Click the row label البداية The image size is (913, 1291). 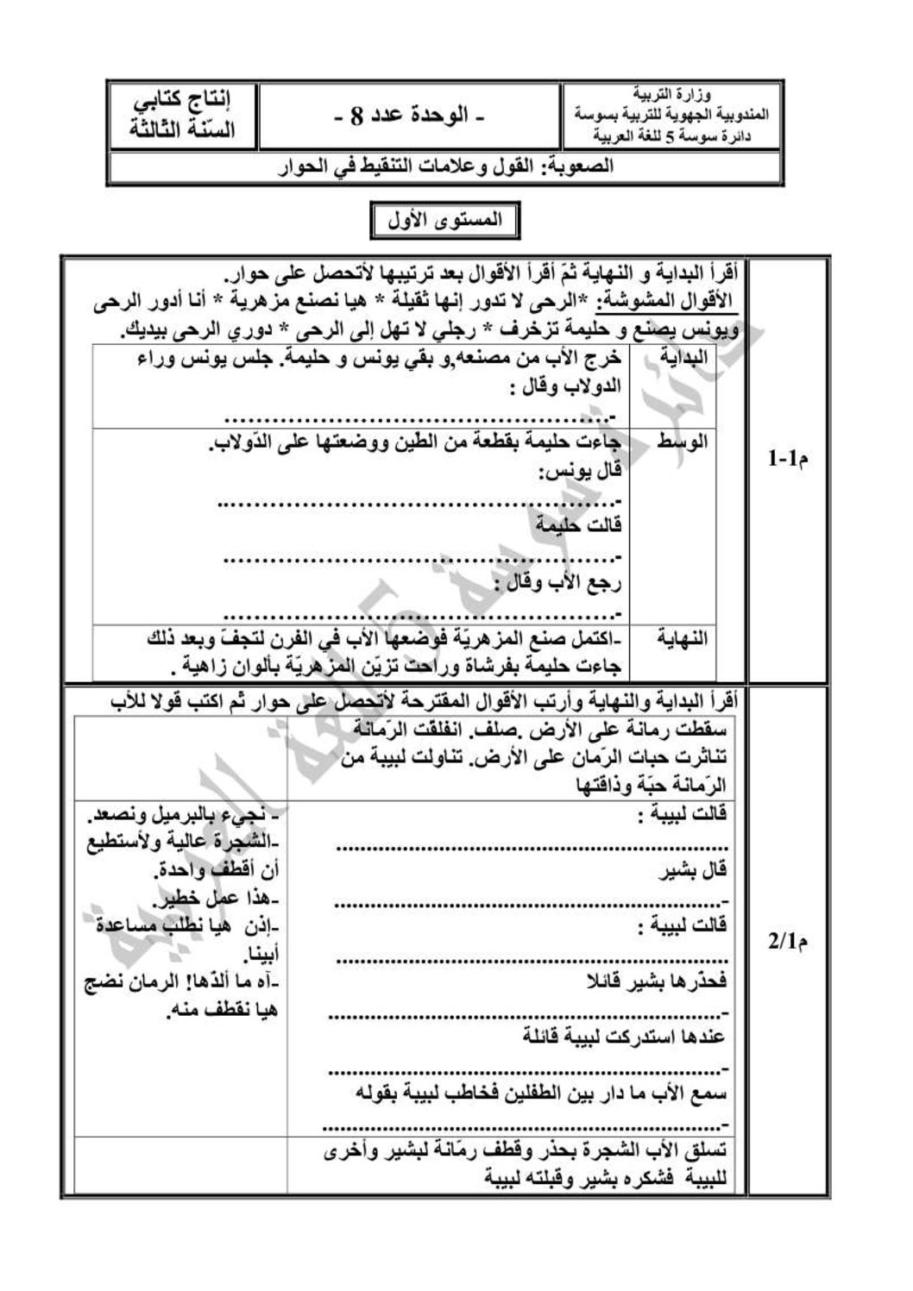pyautogui.click(x=683, y=355)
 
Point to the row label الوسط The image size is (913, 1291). pyautogui.click(x=683, y=442)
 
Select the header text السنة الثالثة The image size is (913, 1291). pyautogui.click(x=183, y=131)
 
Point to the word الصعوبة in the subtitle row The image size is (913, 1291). pyautogui.click(x=580, y=167)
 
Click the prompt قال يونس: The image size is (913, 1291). pyautogui.click(x=581, y=472)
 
